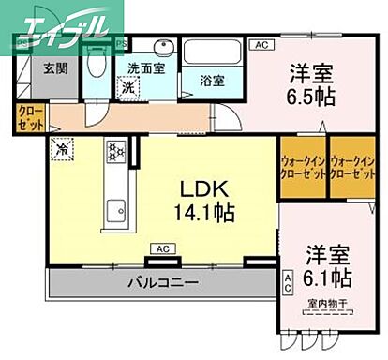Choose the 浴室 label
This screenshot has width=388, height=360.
tap(212, 80)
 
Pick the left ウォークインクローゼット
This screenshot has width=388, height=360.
tap(302, 167)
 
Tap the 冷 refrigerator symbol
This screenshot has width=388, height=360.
tap(61, 147)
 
